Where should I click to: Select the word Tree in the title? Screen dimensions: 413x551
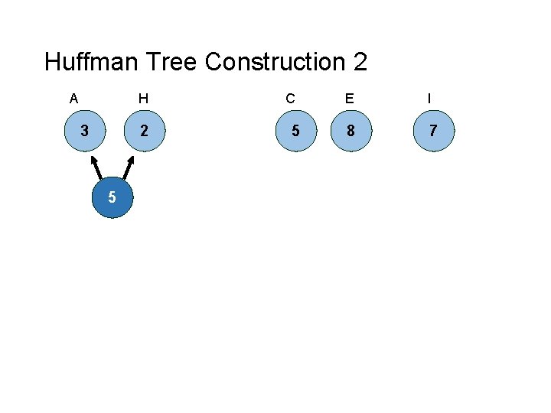(x=175, y=62)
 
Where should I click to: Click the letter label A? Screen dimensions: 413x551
(x=73, y=99)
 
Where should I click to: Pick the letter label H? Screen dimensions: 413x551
(x=143, y=99)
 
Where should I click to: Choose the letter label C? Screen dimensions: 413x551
(x=290, y=99)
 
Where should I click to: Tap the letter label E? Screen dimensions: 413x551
(x=350, y=99)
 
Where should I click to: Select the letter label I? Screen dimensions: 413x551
(x=429, y=99)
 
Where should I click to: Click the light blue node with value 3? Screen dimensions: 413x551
(x=84, y=131)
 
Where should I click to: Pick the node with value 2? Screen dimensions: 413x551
(x=144, y=131)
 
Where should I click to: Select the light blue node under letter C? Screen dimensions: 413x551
(x=295, y=131)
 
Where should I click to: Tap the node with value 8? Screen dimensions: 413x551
(x=350, y=131)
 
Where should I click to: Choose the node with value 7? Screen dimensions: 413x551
(x=433, y=131)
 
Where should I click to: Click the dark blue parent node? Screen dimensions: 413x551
(x=112, y=198)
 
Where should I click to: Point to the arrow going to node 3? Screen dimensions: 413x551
(x=97, y=170)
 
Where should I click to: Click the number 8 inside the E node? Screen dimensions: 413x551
(x=350, y=131)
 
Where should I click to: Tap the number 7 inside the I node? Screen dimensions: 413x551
(x=433, y=131)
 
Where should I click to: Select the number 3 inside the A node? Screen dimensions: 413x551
(x=84, y=131)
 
